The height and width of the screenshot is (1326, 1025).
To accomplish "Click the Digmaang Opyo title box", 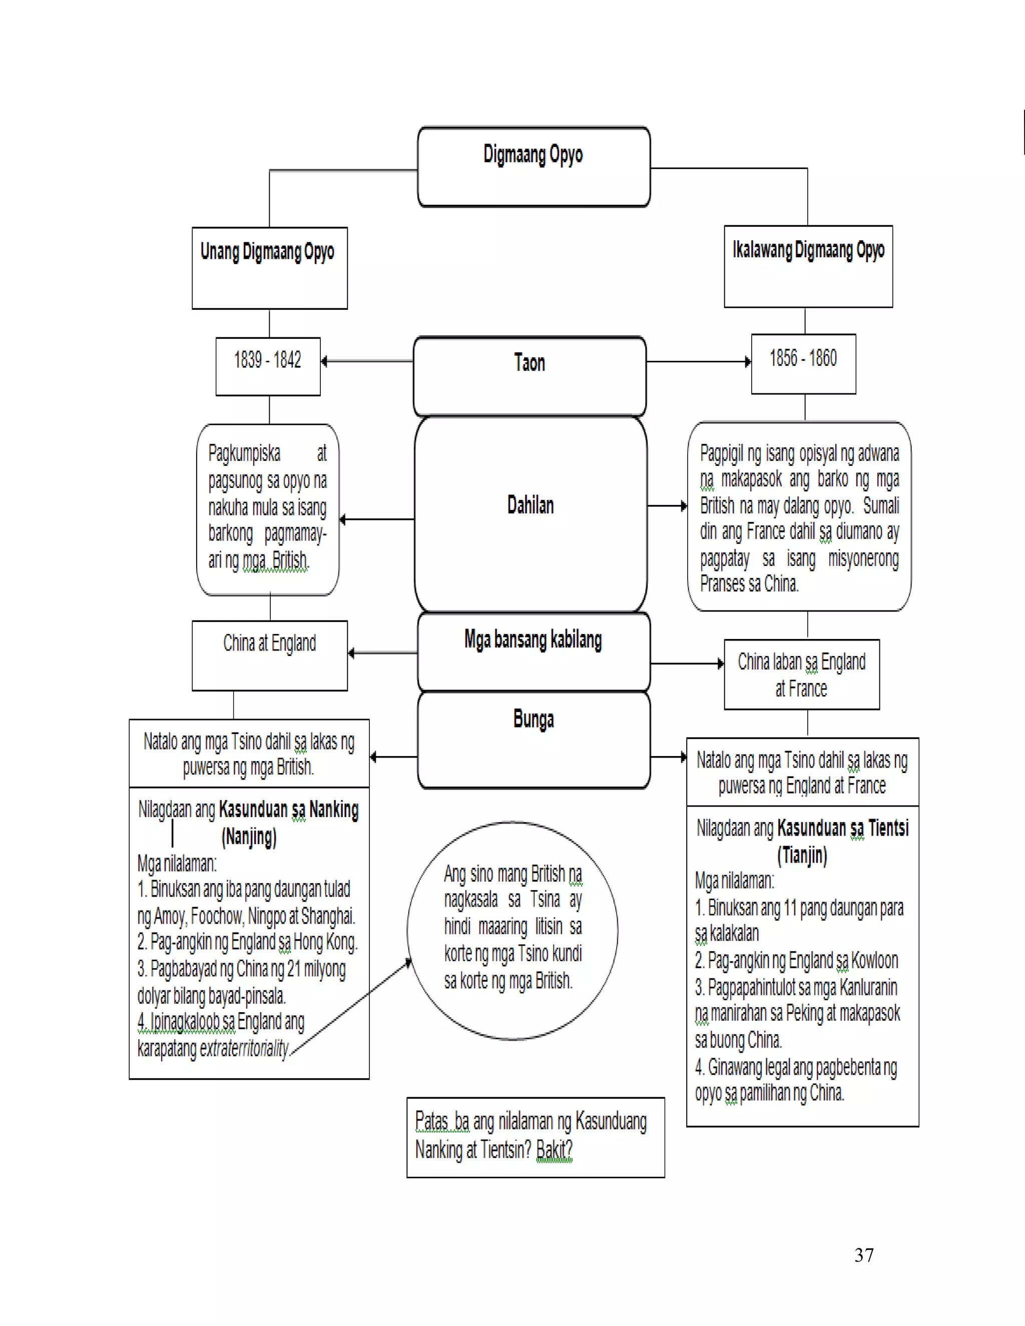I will (x=533, y=166).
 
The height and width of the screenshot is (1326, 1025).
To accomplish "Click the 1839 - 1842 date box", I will (x=268, y=366).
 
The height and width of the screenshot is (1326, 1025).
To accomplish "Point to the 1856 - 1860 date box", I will (x=803, y=364).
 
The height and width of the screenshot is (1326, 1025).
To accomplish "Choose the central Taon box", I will (x=530, y=375).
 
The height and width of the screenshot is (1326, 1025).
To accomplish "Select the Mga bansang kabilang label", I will (x=533, y=640).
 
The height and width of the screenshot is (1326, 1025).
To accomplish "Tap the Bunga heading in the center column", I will (x=533, y=720).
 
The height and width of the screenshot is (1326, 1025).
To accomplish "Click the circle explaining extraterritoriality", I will (x=512, y=930).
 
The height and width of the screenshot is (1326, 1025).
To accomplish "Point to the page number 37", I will (x=863, y=1255).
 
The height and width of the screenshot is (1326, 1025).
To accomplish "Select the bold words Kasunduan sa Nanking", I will (x=288, y=809).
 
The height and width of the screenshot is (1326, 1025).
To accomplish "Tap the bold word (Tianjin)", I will (x=802, y=855).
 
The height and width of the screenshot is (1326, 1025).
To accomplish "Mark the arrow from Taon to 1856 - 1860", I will (x=698, y=362).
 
